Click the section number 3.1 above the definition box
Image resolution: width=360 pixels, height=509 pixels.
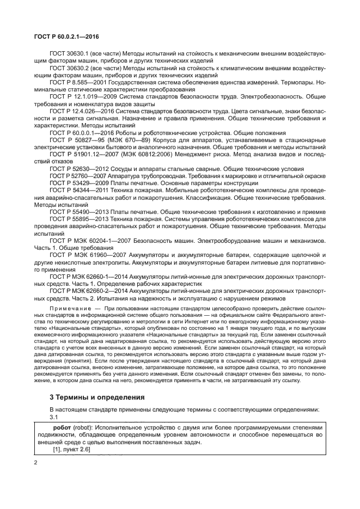click(x=53, y=416)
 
